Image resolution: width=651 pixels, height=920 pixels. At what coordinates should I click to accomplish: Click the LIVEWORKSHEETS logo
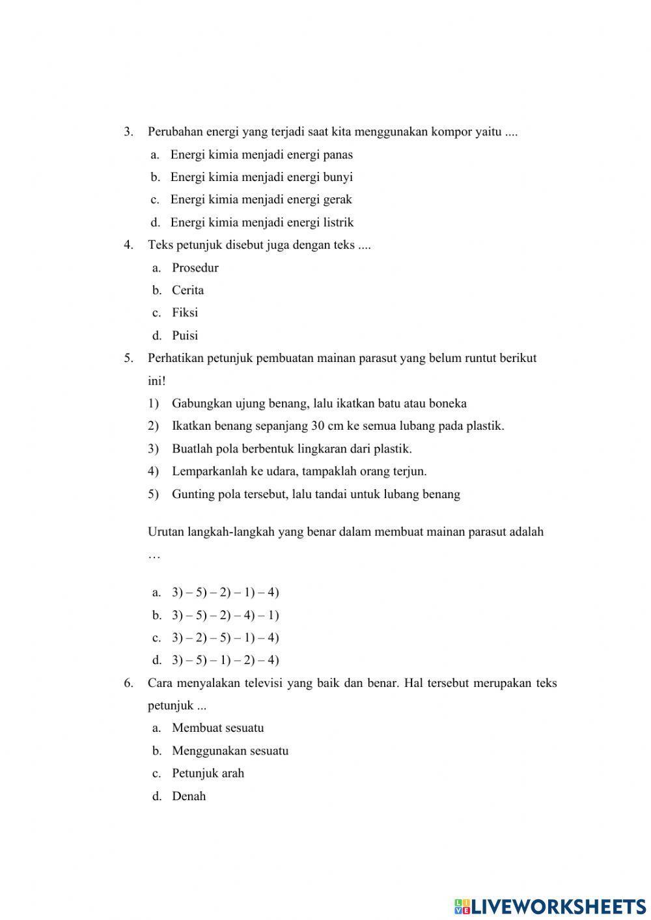tap(550, 906)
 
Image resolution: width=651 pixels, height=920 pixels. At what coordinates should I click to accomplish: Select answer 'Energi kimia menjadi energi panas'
tap(261, 155)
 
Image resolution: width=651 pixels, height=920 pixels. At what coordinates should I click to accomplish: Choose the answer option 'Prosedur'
tap(195, 268)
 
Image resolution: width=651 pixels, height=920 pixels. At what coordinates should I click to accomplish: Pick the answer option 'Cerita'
tap(187, 290)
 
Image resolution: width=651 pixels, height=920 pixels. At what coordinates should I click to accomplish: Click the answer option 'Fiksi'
tap(184, 313)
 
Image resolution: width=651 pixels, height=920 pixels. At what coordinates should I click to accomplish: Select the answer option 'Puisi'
tap(184, 336)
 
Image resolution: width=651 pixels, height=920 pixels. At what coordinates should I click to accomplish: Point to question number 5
tap(128, 358)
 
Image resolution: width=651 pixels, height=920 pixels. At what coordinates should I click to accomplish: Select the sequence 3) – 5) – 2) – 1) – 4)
tap(225, 592)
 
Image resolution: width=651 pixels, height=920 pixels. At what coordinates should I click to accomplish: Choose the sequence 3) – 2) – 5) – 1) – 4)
tap(225, 637)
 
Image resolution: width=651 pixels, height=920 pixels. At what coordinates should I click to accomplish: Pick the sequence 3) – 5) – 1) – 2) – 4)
tap(225, 660)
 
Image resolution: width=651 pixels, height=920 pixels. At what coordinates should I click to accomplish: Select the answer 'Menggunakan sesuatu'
tap(230, 751)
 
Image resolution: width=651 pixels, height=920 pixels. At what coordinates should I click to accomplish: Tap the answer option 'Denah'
tap(188, 796)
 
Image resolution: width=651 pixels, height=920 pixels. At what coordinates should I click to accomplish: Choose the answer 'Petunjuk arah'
tap(208, 774)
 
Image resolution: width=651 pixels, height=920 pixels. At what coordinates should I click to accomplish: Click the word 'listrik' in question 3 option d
tap(338, 223)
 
